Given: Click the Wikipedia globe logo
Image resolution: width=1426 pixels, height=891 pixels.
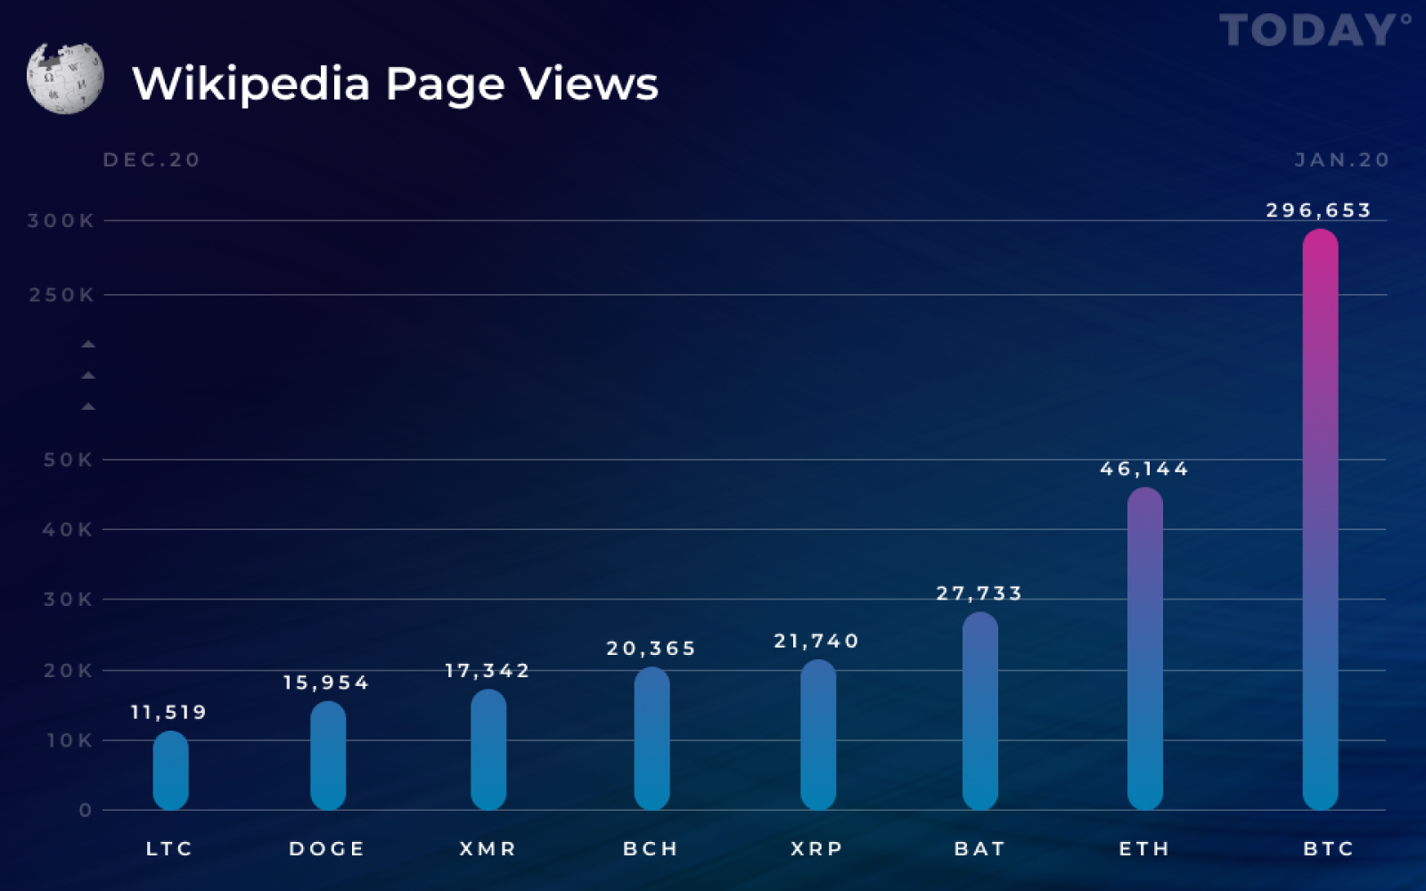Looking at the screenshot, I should pos(65,78).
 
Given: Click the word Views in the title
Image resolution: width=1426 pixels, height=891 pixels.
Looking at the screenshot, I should pos(588,84).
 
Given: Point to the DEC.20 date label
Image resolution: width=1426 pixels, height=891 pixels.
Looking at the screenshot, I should pos(152,159).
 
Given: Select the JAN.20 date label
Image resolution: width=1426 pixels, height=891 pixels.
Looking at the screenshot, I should pos(1342,159).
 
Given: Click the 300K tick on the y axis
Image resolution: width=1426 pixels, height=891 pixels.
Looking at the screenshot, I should pos(61,221).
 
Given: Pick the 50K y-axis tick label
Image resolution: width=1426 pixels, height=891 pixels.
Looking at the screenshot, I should pos(68,460).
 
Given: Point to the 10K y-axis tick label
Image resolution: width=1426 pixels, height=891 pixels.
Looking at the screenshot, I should pos(70,740).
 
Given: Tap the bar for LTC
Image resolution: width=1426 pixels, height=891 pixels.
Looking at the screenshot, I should pos(170,771).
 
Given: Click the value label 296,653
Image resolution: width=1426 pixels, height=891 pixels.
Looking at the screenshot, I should pos(1318,210).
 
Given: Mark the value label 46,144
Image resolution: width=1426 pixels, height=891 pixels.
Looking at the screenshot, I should pos(1144,469).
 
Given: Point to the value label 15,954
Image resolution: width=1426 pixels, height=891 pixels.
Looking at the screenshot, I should pos(326,683).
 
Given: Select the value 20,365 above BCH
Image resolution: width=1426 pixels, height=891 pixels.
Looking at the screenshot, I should pos(652,649).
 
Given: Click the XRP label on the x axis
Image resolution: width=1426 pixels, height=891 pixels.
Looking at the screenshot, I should pos(816,849).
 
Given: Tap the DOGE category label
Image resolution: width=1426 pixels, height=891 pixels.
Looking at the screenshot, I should pos(327,849).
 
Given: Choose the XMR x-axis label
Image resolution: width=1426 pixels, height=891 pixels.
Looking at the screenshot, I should pos(488,849).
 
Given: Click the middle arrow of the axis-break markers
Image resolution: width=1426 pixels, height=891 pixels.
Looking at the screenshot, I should pos(88,375).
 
